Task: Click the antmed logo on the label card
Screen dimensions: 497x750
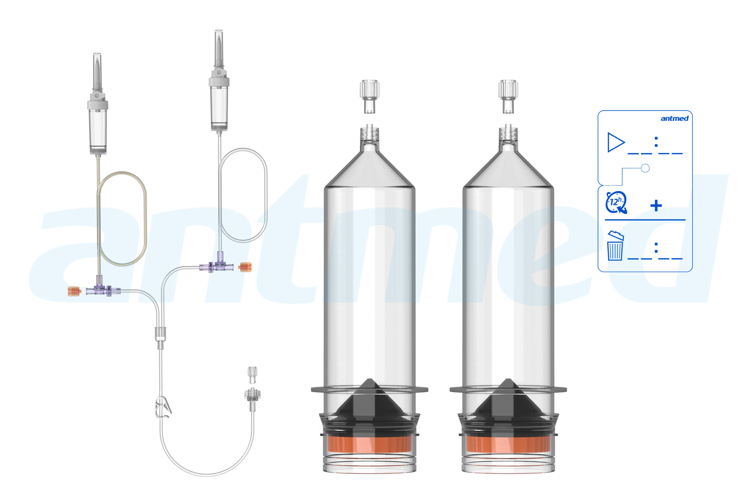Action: click(674, 119)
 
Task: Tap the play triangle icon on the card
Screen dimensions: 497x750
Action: click(616, 142)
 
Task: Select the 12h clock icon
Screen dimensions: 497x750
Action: click(616, 202)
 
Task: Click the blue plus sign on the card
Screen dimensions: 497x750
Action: click(656, 205)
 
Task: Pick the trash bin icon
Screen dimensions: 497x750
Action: click(615, 247)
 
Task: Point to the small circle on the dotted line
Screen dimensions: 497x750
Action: click(645, 168)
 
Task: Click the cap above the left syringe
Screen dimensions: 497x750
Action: click(369, 95)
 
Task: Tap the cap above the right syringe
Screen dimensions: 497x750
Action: click(508, 95)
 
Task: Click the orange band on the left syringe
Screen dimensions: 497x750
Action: click(370, 445)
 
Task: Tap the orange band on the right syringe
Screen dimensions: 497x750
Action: click(508, 445)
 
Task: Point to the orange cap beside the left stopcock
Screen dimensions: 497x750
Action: click(74, 291)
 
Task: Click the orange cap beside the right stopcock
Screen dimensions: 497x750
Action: click(245, 267)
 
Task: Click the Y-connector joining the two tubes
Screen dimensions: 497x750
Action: click(160, 334)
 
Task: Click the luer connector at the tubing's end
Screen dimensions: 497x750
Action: click(252, 396)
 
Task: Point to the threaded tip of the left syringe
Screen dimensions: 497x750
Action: click(369, 134)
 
